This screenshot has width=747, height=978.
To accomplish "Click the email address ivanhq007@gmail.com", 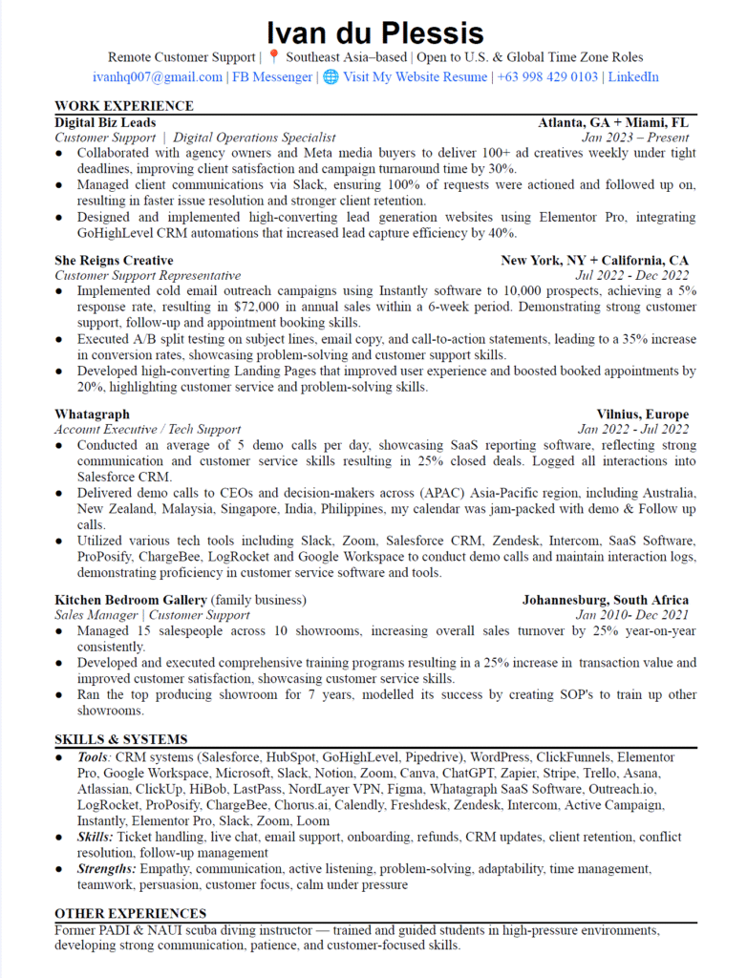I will click(x=158, y=77).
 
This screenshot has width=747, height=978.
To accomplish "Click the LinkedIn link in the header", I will click(x=633, y=77).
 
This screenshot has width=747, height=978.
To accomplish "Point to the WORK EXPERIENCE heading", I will click(x=124, y=106).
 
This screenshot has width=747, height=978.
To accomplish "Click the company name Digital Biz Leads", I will click(x=105, y=122).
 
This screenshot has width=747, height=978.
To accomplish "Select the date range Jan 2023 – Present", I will click(x=634, y=138).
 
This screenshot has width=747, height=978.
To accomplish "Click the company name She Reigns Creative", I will click(x=114, y=261).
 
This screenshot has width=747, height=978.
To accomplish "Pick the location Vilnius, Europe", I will click(x=642, y=415).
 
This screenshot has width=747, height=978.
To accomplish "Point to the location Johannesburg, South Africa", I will click(x=605, y=600).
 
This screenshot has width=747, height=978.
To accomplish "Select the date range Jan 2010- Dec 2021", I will click(x=631, y=615).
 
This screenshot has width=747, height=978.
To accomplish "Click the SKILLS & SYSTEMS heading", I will click(x=120, y=739).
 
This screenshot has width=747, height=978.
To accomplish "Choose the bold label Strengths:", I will click(x=108, y=869).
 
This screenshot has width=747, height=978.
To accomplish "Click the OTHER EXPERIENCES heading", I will click(x=130, y=914).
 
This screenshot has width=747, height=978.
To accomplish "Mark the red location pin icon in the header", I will click(x=274, y=57).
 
